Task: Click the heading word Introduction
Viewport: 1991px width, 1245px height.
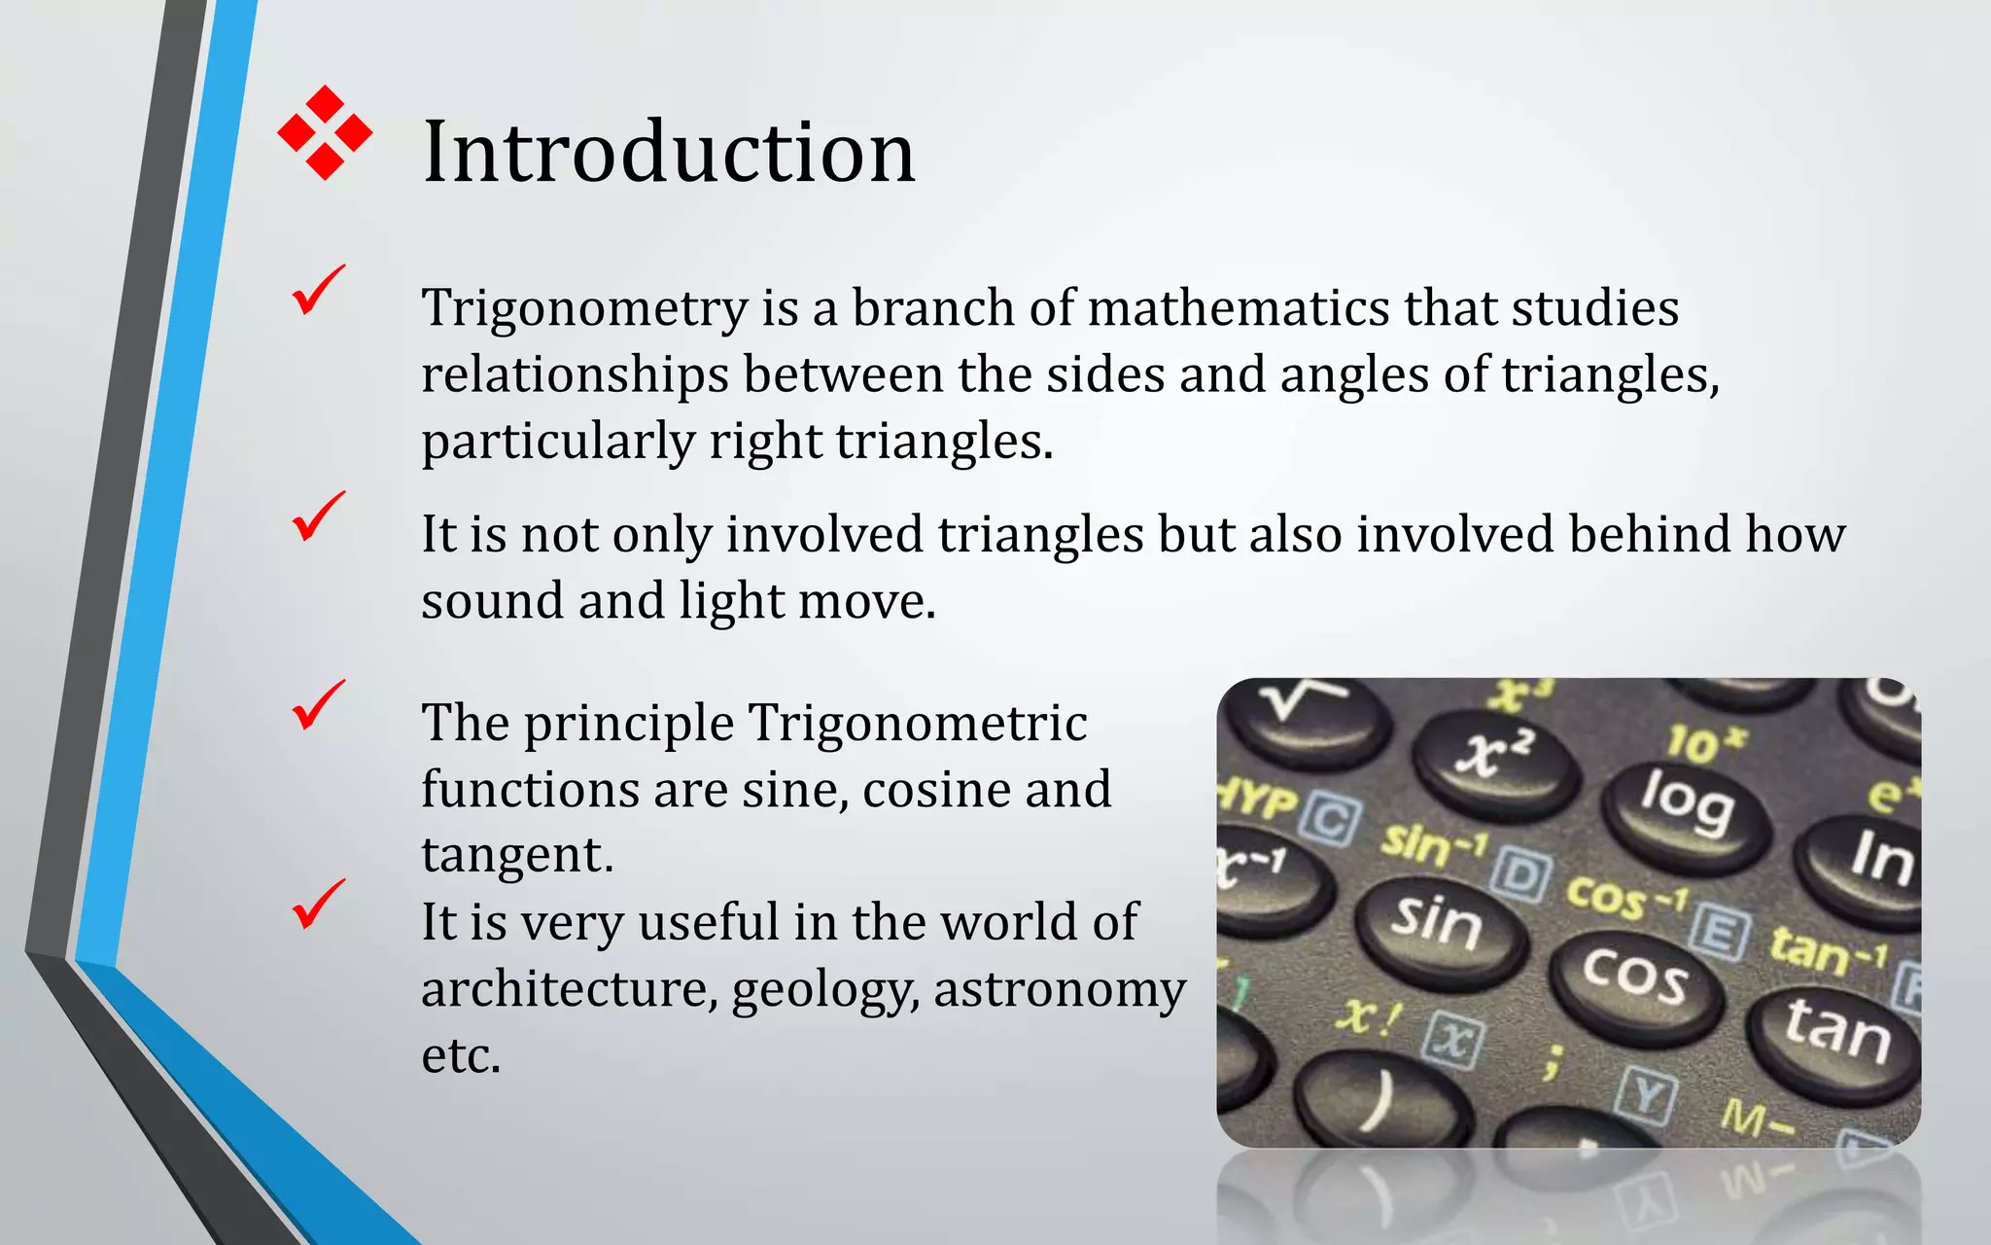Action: [669, 152]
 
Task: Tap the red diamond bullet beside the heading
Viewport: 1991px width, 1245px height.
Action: [325, 132]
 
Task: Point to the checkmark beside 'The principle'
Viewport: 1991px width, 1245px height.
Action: [318, 705]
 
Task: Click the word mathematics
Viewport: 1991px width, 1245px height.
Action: [1238, 308]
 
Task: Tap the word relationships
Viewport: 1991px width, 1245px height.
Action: [575, 374]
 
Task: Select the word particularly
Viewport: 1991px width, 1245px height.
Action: [557, 442]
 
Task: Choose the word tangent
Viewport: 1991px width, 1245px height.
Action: [516, 856]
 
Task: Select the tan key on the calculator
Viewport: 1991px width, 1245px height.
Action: [1835, 1031]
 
